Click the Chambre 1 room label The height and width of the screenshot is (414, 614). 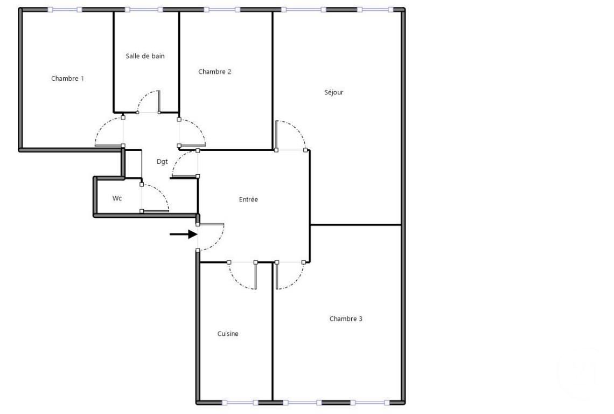(67, 78)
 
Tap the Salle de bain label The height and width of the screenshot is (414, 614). (145, 56)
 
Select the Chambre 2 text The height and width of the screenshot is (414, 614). (214, 72)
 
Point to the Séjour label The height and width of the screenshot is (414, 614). (333, 93)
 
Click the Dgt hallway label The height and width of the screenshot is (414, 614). (162, 162)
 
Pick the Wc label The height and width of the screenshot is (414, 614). (117, 198)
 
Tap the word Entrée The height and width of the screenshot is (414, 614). (248, 199)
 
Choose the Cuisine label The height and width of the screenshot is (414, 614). (228, 334)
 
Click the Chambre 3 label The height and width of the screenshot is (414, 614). (346, 319)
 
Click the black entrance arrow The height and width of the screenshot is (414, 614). (183, 234)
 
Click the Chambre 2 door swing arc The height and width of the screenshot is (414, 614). (198, 127)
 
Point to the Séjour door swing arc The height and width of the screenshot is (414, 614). (297, 129)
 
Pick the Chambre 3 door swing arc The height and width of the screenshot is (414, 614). (296, 281)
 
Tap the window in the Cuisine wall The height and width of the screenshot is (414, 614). (240, 403)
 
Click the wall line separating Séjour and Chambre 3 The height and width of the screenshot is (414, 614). (355, 225)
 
